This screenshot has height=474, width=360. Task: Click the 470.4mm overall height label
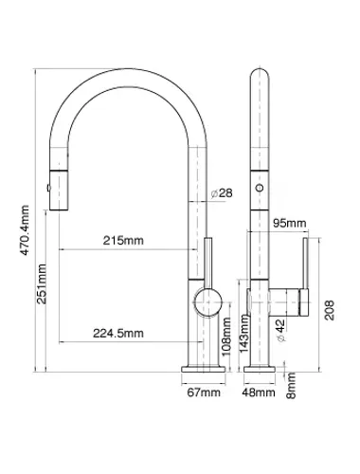click(25, 230)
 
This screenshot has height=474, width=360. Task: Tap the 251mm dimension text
click(42, 284)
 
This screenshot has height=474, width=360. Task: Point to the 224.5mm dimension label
click(118, 333)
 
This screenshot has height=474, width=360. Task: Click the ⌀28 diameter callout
click(222, 193)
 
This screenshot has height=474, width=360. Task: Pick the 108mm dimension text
click(226, 337)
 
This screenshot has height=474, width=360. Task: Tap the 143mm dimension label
click(244, 334)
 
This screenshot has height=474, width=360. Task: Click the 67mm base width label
click(204, 392)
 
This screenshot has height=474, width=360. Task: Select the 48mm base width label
click(259, 392)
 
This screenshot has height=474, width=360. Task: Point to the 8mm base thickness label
click(291, 385)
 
